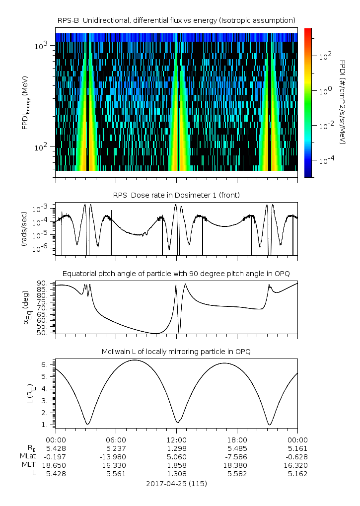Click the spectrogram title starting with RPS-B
tap(176, 20)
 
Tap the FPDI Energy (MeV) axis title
tap(25, 102)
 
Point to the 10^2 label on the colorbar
tap(325, 57)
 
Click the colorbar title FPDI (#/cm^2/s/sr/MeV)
tap(343, 102)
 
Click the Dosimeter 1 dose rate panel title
tap(176, 195)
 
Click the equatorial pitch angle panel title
tap(176, 274)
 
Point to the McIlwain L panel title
tap(176, 352)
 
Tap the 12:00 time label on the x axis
tap(176, 439)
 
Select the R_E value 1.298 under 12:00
tap(176, 448)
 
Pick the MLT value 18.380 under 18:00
tap(237, 465)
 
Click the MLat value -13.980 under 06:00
tap(116, 456)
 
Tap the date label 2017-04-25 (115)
tap(176, 483)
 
